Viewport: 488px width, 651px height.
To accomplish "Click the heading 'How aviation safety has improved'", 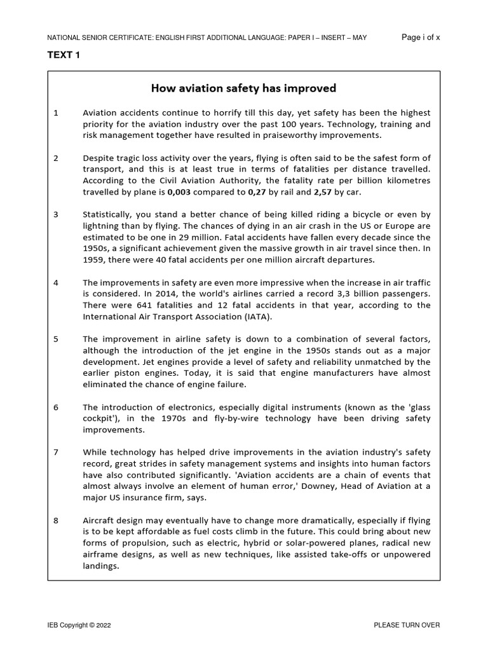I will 243,88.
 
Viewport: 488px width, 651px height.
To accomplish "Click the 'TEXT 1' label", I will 64,55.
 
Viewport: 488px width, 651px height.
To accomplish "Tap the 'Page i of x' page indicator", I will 421,38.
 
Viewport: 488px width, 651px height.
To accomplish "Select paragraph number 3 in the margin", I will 56,214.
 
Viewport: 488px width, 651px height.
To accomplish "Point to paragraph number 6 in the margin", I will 56,407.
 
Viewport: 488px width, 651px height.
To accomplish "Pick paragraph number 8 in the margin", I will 56,520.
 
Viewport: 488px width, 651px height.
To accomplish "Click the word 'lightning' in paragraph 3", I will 102,226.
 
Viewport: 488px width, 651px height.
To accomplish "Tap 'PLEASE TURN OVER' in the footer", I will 407,625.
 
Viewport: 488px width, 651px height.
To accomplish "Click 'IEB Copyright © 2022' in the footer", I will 79,625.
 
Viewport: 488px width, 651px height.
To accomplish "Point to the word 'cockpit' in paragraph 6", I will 102,418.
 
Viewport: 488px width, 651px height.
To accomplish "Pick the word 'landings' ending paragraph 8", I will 100,566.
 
